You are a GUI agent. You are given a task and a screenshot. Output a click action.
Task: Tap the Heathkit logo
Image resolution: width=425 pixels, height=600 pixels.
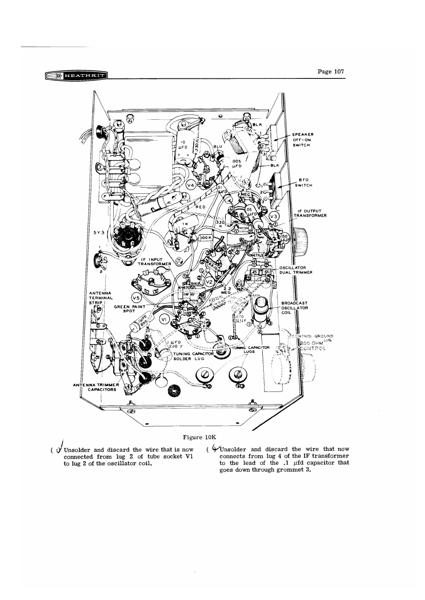[x=76, y=76]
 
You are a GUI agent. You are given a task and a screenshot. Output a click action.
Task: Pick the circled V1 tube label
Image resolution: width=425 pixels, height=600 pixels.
[x=165, y=319]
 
